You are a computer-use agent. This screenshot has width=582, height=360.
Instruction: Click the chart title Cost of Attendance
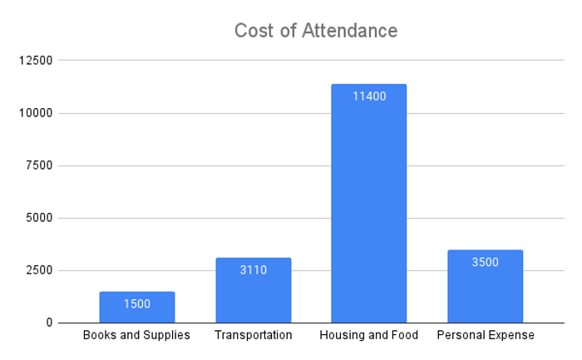click(316, 31)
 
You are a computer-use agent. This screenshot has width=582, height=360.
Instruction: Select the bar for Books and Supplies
click(137, 308)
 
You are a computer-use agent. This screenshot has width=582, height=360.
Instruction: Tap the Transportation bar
click(254, 290)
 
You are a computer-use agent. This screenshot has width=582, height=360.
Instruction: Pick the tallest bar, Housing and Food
click(369, 204)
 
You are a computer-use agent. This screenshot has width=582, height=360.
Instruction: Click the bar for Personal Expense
click(485, 286)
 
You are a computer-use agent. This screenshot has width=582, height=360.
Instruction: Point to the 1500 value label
click(137, 304)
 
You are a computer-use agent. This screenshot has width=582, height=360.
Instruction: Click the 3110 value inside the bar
click(254, 270)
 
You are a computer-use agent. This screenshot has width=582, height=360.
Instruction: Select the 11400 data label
click(369, 96)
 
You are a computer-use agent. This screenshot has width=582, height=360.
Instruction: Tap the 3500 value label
click(485, 262)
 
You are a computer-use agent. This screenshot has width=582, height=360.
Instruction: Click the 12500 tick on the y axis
click(36, 60)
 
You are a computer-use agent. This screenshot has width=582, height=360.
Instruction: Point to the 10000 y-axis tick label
click(36, 113)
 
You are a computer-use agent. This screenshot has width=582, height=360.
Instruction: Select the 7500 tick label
click(39, 165)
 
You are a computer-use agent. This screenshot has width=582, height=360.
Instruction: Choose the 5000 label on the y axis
click(39, 218)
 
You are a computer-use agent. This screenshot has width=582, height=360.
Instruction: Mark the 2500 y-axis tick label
click(39, 270)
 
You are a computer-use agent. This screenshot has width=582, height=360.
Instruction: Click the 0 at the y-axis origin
click(49, 323)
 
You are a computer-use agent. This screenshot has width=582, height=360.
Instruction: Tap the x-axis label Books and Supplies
click(136, 335)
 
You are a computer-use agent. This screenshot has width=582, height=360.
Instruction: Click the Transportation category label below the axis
click(254, 335)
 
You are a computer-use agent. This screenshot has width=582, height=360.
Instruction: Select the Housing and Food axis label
click(369, 335)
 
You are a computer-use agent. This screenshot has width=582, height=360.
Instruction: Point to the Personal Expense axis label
click(486, 335)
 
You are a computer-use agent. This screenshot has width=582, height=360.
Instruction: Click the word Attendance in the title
click(350, 31)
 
